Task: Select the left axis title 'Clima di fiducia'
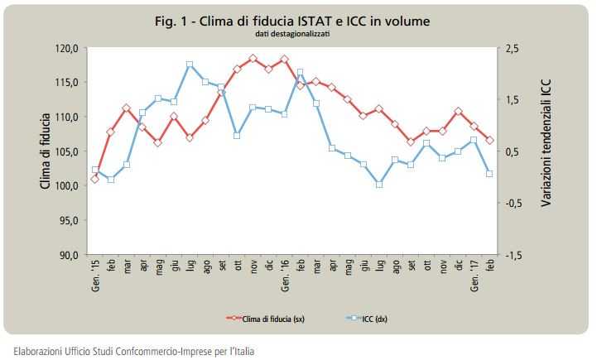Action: click(x=46, y=151)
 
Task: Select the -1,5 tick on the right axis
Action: click(x=513, y=254)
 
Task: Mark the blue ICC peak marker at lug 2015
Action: click(x=190, y=65)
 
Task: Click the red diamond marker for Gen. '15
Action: click(x=94, y=179)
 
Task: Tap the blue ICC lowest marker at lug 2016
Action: click(x=379, y=184)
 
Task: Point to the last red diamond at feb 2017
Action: click(x=489, y=140)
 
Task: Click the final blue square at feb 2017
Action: click(x=489, y=174)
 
